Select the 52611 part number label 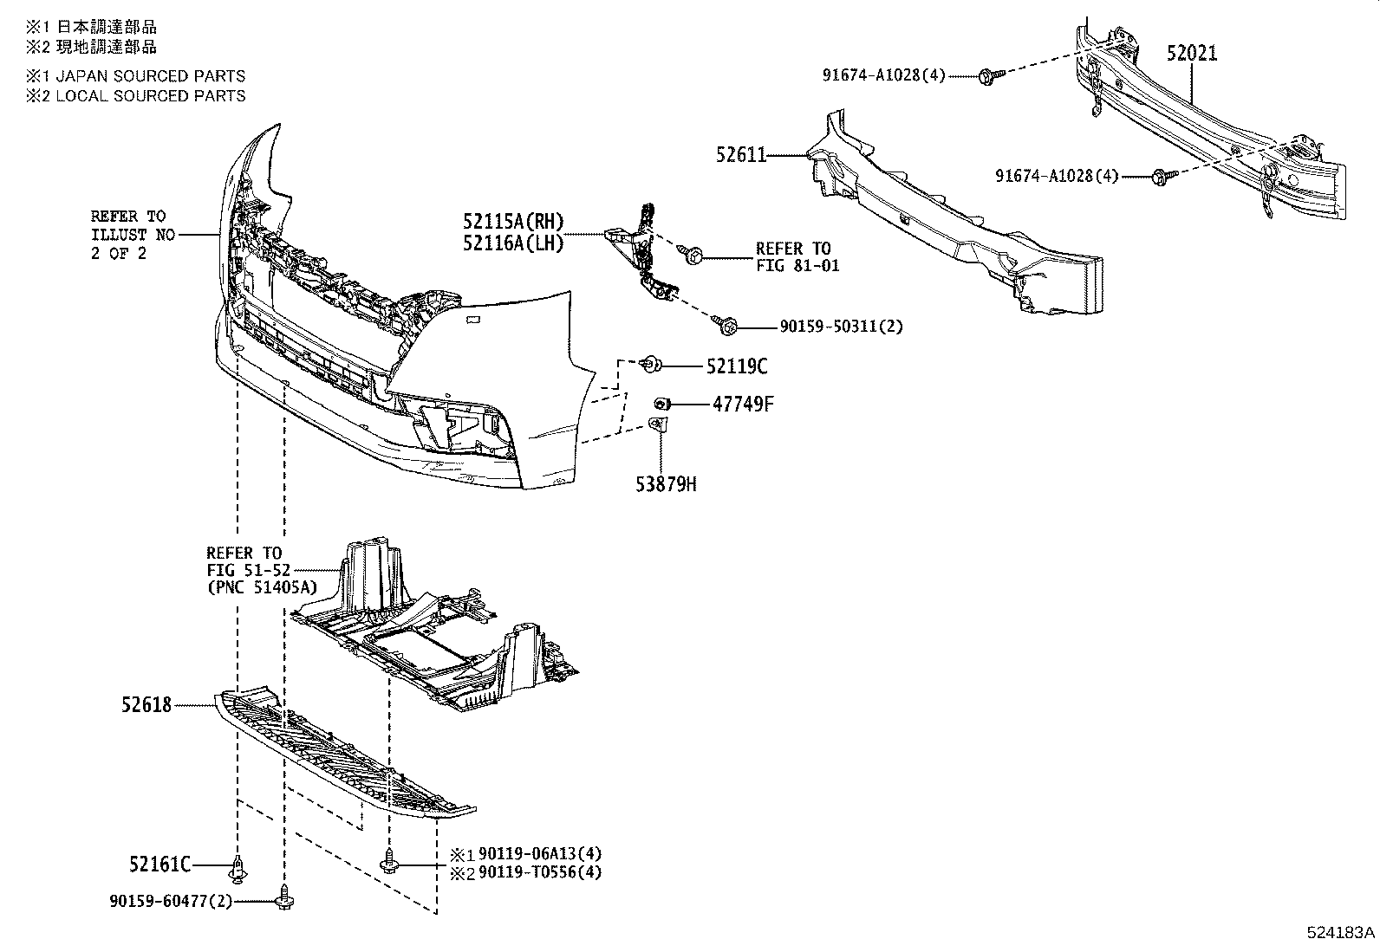[x=741, y=155]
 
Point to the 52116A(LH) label [x=513, y=244]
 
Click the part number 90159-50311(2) [x=829, y=327]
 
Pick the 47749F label [x=743, y=404]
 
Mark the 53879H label [x=667, y=484]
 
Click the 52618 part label [x=146, y=706]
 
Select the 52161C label [x=159, y=864]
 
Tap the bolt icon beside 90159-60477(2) [x=284, y=902]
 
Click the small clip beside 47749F [x=661, y=404]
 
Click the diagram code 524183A [x=1341, y=933]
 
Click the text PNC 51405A [x=261, y=587]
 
